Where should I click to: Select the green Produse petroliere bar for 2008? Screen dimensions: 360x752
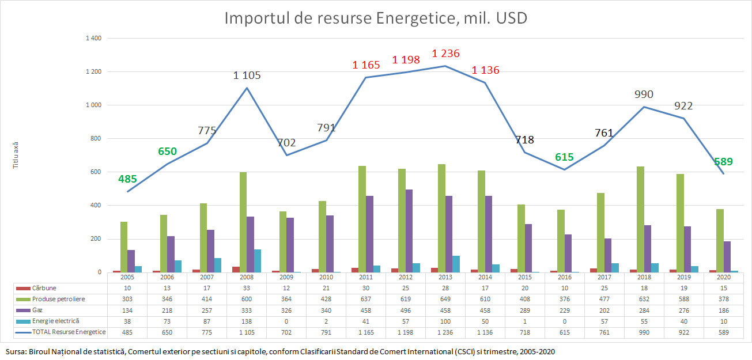click(x=243, y=222)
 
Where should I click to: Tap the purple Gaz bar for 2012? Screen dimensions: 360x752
click(x=410, y=230)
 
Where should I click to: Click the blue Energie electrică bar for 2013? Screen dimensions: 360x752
click(x=456, y=264)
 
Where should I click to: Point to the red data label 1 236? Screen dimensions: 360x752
click(x=446, y=54)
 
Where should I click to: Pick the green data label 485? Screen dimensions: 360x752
click(x=127, y=179)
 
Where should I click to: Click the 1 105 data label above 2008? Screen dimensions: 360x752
click(x=247, y=75)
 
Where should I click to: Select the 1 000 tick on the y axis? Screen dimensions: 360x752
click(x=92, y=105)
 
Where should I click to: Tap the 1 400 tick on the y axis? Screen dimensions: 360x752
click(x=92, y=39)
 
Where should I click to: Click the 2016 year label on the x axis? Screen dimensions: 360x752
click(x=565, y=277)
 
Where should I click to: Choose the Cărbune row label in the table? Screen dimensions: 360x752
click(x=44, y=288)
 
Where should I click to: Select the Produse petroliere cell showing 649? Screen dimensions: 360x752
click(x=445, y=299)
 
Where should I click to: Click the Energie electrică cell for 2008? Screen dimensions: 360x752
click(x=247, y=321)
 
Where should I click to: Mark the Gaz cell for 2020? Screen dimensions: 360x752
click(x=724, y=310)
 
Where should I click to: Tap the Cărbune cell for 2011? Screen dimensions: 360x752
click(x=366, y=288)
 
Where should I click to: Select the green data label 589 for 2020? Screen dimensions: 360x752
click(x=724, y=162)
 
